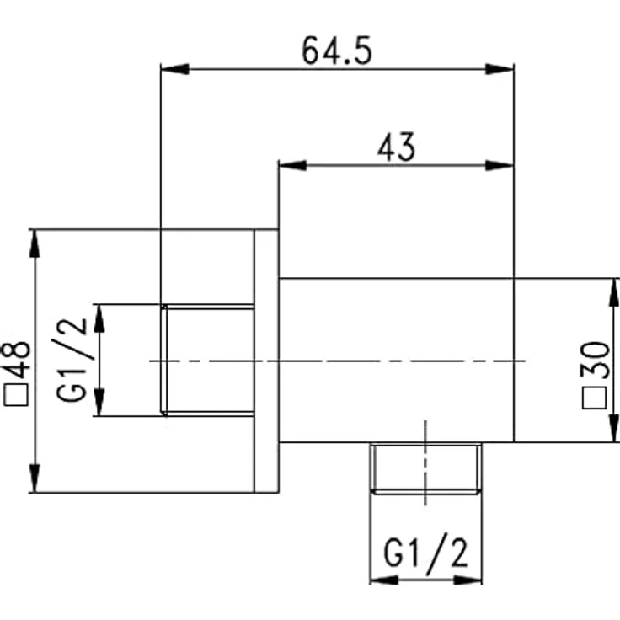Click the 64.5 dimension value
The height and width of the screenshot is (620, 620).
tap(337, 51)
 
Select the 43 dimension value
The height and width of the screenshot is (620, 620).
tap(396, 147)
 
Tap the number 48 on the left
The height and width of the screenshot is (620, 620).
tap(17, 360)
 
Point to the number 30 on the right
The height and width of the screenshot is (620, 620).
tap(595, 361)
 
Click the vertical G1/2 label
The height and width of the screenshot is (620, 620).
tap(72, 360)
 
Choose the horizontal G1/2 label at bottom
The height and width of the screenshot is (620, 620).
tap(426, 551)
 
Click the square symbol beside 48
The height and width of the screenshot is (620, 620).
tap(16, 394)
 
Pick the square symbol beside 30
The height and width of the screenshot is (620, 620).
tap(594, 398)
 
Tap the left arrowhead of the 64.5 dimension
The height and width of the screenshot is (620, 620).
tap(174, 69)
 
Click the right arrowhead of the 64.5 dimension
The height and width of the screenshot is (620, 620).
tap(500, 69)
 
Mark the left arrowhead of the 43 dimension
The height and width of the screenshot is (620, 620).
tap(292, 165)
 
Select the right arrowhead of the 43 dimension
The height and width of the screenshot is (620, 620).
tap(500, 165)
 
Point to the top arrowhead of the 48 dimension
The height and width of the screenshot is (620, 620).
tap(35, 243)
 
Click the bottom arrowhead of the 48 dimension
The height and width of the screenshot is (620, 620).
tap(35, 478)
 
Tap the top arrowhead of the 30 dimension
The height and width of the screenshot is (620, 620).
tap(613, 292)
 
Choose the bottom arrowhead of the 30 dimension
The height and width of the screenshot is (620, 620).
tap(613, 428)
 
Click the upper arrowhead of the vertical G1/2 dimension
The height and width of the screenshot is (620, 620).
tap(99, 318)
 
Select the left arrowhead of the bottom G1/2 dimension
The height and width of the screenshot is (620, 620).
tap(384, 580)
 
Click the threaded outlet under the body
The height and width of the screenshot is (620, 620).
tap(426, 468)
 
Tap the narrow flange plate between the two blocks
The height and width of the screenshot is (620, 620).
tap(266, 361)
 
